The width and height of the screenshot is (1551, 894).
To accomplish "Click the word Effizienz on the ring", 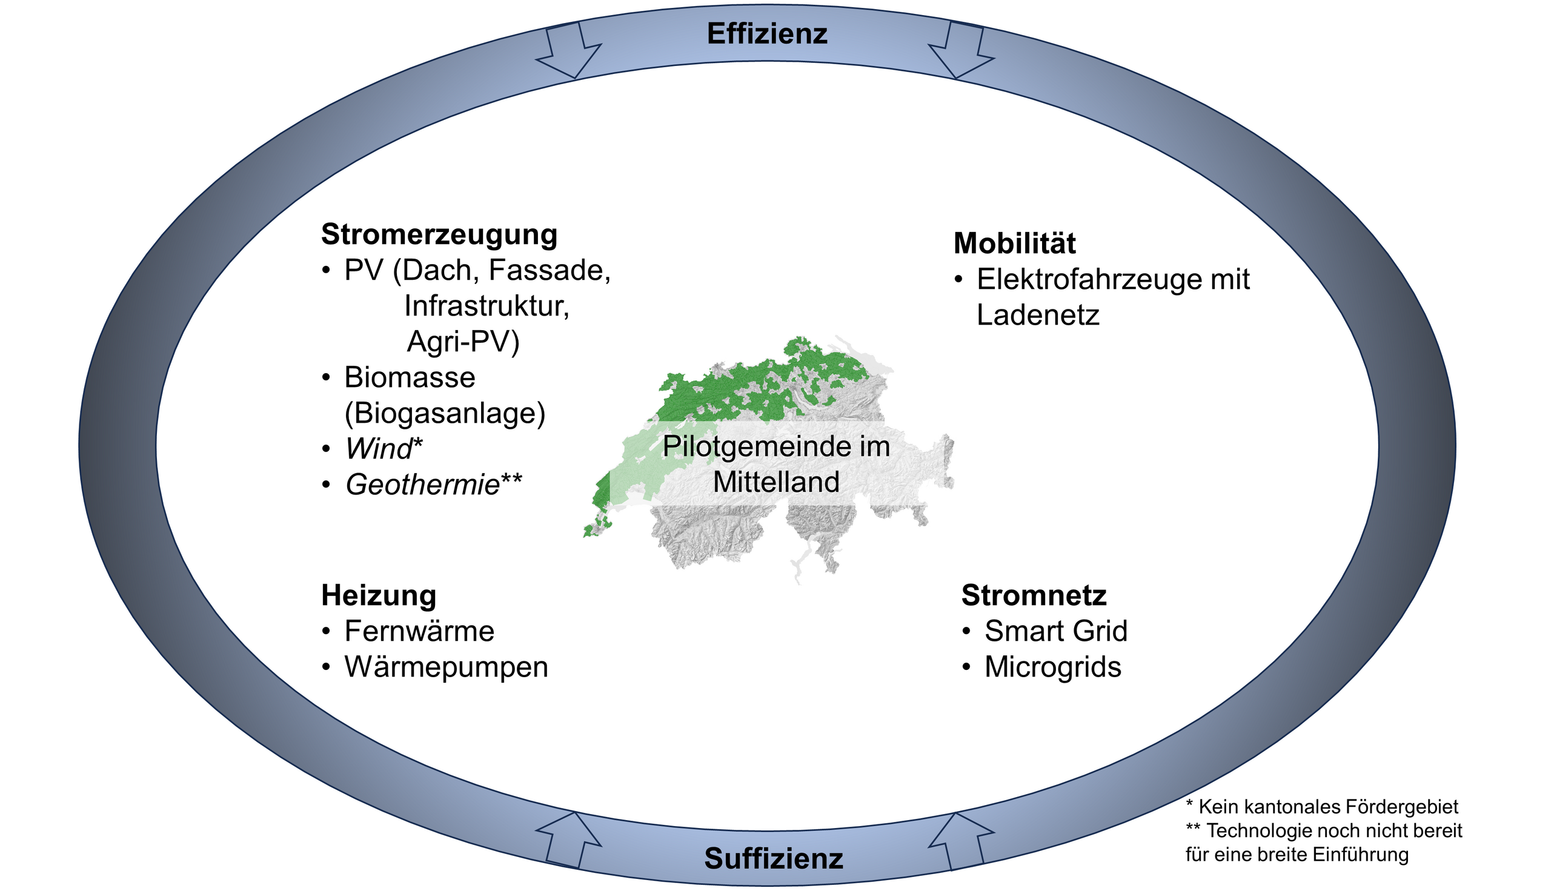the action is tap(767, 34).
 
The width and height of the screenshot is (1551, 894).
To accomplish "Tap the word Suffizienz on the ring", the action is tap(774, 858).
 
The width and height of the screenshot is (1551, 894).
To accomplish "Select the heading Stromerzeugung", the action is tap(439, 235).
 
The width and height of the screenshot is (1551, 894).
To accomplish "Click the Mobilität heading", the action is tap(1014, 243).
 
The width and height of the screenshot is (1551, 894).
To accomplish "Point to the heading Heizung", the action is tap(379, 596).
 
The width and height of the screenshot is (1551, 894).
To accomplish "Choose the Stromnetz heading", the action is tap(1034, 595).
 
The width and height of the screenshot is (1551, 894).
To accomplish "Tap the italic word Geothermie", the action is tap(423, 485).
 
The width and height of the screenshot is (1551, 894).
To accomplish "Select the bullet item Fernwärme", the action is tap(419, 631).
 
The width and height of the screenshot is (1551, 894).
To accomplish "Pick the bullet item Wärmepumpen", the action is tap(447, 668).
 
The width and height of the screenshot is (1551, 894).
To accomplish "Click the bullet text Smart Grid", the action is tap(1056, 631).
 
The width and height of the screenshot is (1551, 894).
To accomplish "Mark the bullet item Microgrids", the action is tap(1053, 668).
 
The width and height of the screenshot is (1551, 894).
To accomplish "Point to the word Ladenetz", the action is tap(1038, 316).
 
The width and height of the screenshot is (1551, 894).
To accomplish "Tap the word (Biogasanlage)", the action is tap(445, 413).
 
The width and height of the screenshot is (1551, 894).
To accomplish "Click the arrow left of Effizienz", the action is tap(568, 50).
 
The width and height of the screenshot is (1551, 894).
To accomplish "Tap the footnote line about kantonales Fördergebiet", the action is tap(1322, 807).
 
